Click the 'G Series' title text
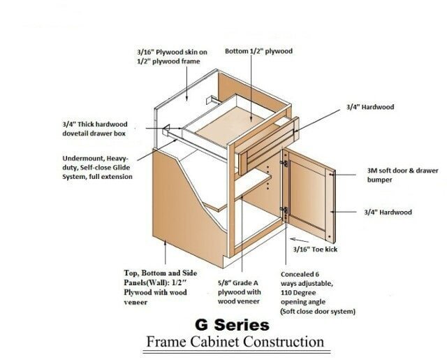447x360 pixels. pyautogui.click(x=232, y=325)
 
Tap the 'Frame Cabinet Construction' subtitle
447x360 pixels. pyautogui.click(x=235, y=341)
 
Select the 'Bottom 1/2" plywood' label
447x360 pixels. pyautogui.click(x=258, y=51)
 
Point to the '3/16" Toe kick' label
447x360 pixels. pyautogui.click(x=315, y=250)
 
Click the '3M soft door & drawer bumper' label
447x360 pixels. pyautogui.click(x=402, y=175)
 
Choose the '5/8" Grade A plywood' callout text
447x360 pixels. pyautogui.click(x=240, y=292)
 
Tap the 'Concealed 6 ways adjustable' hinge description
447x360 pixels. pyautogui.click(x=318, y=293)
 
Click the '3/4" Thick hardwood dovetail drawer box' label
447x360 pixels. pyautogui.click(x=95, y=129)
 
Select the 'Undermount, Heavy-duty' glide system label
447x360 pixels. pyautogui.click(x=97, y=168)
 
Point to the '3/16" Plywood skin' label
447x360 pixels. pyautogui.click(x=172, y=57)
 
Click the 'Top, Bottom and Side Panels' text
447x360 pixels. pyautogui.click(x=160, y=287)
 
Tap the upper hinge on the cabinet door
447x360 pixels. pyautogui.click(x=284, y=164)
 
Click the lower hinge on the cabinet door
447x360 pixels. pyautogui.click(x=284, y=210)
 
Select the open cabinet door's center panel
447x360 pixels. pyautogui.click(x=307, y=195)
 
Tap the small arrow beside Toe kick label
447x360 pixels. pyautogui.click(x=299, y=240)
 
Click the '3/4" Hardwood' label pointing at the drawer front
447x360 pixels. pyautogui.click(x=370, y=107)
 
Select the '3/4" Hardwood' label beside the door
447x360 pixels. pyautogui.click(x=388, y=213)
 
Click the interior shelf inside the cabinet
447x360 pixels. pyautogui.click(x=238, y=189)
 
